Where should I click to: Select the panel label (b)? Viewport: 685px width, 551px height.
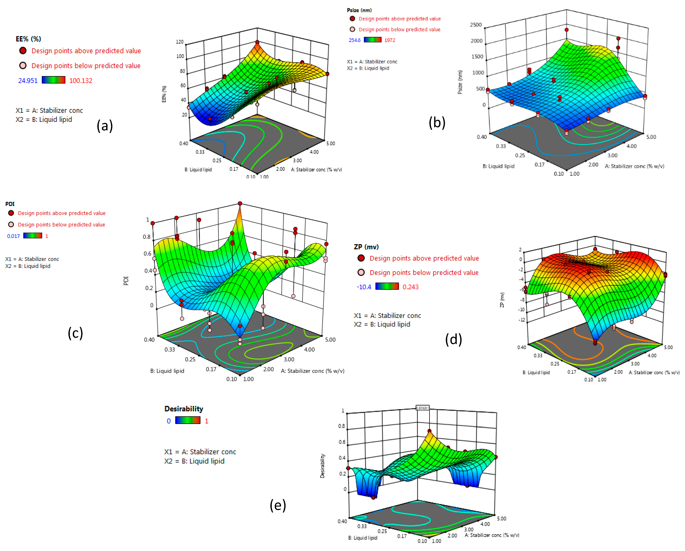[x=437, y=123]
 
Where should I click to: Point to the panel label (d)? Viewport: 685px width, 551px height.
[x=453, y=340]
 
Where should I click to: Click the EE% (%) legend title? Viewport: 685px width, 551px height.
[x=28, y=39]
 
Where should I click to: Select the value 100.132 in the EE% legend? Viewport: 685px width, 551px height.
[x=81, y=81]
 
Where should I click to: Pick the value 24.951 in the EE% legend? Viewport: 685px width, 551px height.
[x=28, y=81]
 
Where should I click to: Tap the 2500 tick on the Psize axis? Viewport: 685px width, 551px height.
[x=476, y=25]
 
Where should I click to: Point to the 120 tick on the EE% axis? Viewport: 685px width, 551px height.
[x=180, y=42]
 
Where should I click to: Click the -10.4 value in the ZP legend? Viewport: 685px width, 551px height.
[x=364, y=287]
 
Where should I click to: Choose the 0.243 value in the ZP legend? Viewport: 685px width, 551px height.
[x=410, y=287]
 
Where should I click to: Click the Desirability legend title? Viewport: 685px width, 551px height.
[x=184, y=409]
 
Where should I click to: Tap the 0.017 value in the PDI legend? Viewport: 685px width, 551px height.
[x=13, y=236]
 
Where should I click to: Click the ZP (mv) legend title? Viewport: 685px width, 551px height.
[x=366, y=247]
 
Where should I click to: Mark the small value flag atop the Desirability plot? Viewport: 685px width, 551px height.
[x=423, y=408]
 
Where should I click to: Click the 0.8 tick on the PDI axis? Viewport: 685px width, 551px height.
[x=147, y=237]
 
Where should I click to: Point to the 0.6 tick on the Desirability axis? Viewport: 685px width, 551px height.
[x=342, y=442]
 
